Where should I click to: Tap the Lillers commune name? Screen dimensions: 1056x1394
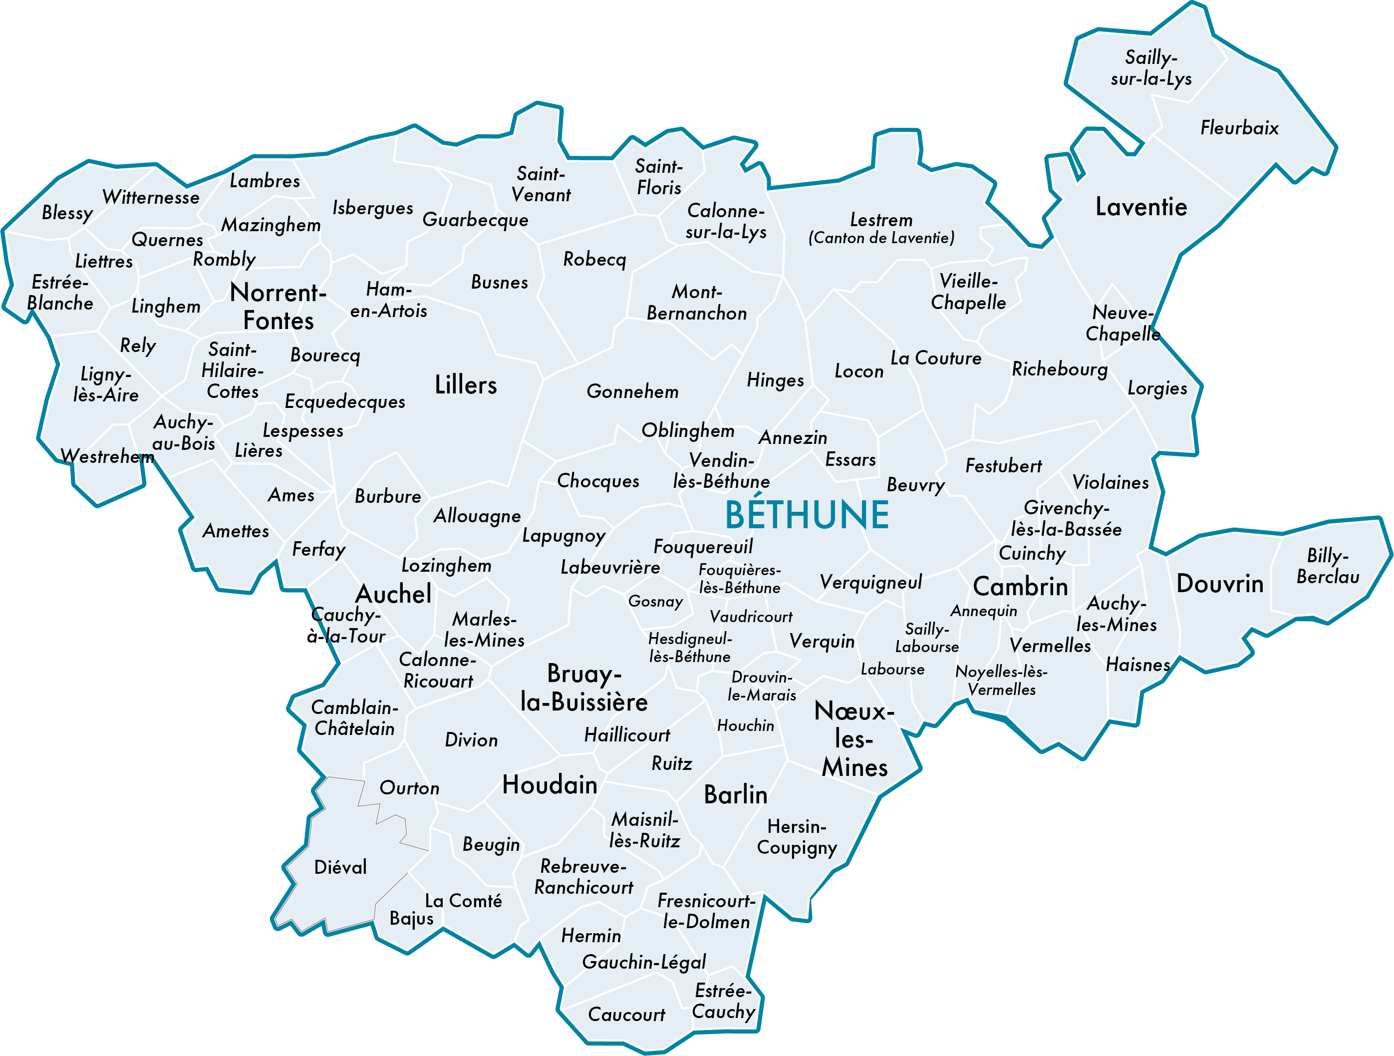[x=466, y=384]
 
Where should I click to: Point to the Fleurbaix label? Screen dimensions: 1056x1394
[x=1239, y=128]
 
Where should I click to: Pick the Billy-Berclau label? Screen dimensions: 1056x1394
[x=1327, y=566]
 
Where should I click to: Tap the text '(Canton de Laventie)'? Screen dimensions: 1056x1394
[x=881, y=238]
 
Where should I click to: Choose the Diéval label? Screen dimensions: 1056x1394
[x=340, y=867]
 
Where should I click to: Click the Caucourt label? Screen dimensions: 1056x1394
[x=626, y=1015]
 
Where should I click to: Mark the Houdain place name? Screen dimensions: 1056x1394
[x=550, y=785]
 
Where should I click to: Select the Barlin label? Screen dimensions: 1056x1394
[x=736, y=794]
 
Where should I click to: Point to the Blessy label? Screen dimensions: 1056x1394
[x=67, y=213]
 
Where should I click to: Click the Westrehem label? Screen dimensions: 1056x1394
[x=107, y=456]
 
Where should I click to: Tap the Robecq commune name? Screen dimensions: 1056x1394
[x=594, y=259]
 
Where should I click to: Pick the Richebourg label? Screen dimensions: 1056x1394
[x=1060, y=369]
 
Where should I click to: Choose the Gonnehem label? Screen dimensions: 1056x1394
[x=632, y=391]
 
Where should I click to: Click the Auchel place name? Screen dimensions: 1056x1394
[x=393, y=594]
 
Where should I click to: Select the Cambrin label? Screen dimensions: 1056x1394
[x=1020, y=586]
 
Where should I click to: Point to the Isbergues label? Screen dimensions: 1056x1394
[x=372, y=208]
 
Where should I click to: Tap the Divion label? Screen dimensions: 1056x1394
[x=471, y=739]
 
